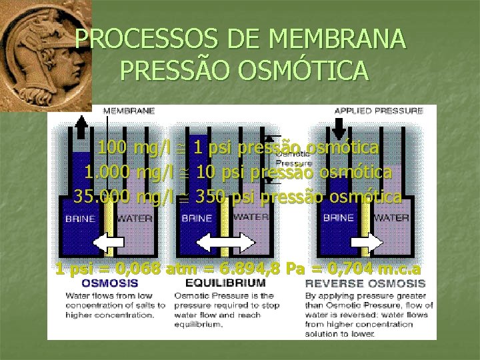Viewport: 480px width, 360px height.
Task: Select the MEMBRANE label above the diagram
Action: coord(128,111)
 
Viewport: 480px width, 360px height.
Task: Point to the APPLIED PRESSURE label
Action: coord(377,111)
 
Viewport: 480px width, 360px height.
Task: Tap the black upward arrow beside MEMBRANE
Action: coord(81,125)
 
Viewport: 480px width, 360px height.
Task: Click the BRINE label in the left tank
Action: coord(79,217)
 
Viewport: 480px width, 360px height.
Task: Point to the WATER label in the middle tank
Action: coord(250,217)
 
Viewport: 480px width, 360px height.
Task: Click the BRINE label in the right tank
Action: coord(338,217)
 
